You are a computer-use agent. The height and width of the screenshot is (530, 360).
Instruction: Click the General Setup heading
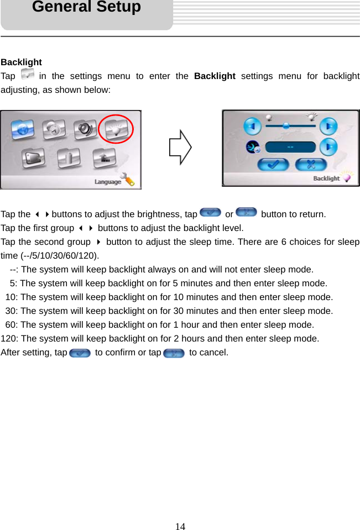pyautogui.click(x=86, y=7)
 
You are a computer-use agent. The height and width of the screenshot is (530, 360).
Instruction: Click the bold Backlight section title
pyautogui.click(x=21, y=62)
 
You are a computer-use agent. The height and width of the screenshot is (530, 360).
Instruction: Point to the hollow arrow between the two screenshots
pyautogui.click(x=180, y=149)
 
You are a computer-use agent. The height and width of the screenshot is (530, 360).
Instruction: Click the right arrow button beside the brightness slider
pyautogui.click(x=328, y=126)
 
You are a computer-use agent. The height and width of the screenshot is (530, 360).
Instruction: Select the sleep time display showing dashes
pyautogui.click(x=290, y=147)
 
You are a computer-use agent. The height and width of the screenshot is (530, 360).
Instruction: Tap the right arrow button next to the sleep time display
pyautogui.click(x=328, y=147)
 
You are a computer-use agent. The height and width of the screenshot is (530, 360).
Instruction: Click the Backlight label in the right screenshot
pyautogui.click(x=326, y=179)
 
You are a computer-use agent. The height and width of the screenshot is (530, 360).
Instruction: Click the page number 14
pyautogui.click(x=180, y=526)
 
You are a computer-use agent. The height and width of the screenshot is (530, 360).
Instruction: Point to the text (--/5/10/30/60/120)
pyautogui.click(x=60, y=256)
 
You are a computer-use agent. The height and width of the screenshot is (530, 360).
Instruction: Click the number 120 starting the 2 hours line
pyautogui.click(x=8, y=339)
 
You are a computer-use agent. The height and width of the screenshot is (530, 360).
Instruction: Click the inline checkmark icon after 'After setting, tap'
pyautogui.click(x=80, y=353)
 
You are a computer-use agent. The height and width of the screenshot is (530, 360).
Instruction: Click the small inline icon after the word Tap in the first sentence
pyautogui.click(x=27, y=75)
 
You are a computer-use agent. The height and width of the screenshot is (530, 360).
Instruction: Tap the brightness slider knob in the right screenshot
pyautogui.click(x=286, y=126)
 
